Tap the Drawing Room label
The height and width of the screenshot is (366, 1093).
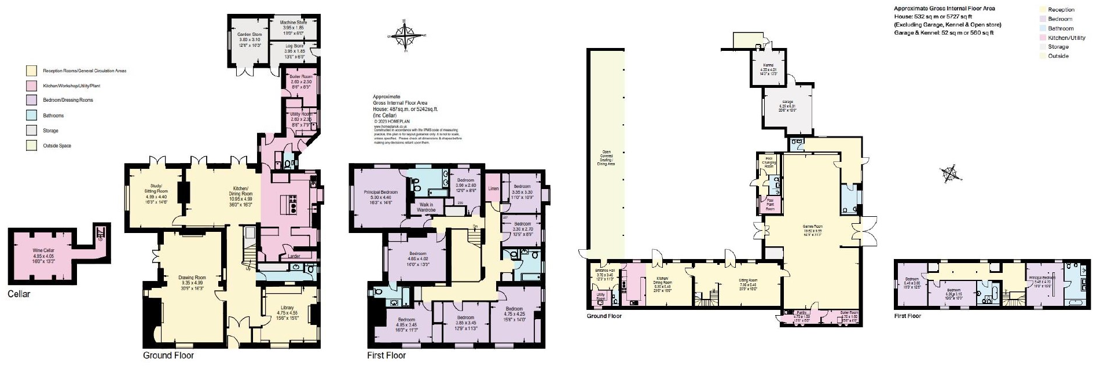point(192,278)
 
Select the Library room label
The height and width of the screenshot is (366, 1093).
point(287,308)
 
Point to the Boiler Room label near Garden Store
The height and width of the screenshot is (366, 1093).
point(300,77)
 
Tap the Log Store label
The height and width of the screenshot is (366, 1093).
point(294,46)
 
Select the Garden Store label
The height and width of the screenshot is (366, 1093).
point(249,35)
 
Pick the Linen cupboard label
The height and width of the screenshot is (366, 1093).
point(493,188)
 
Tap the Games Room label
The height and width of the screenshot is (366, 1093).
point(812,227)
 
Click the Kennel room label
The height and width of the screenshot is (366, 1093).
point(768,65)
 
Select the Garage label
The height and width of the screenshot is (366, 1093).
point(787,102)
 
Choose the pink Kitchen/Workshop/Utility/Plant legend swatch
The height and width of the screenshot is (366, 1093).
point(31,86)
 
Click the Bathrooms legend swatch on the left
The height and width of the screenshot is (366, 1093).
point(31,116)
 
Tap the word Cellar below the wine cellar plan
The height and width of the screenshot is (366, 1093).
point(19,294)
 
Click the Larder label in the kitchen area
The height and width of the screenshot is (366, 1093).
point(294,256)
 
